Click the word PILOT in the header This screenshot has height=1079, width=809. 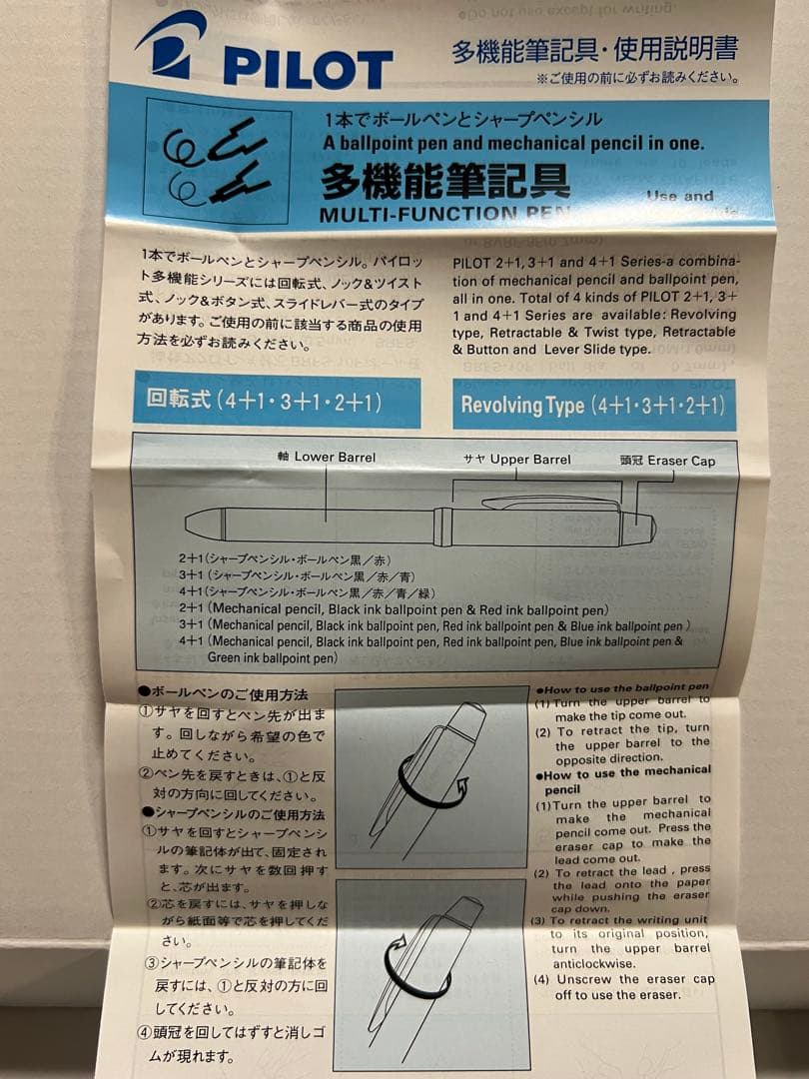pyautogui.click(x=307, y=68)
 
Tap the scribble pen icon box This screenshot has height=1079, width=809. pyautogui.click(x=218, y=161)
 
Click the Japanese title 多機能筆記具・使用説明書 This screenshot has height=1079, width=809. pyautogui.click(x=594, y=50)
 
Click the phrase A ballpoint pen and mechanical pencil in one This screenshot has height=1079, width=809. pyautogui.click(x=513, y=143)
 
